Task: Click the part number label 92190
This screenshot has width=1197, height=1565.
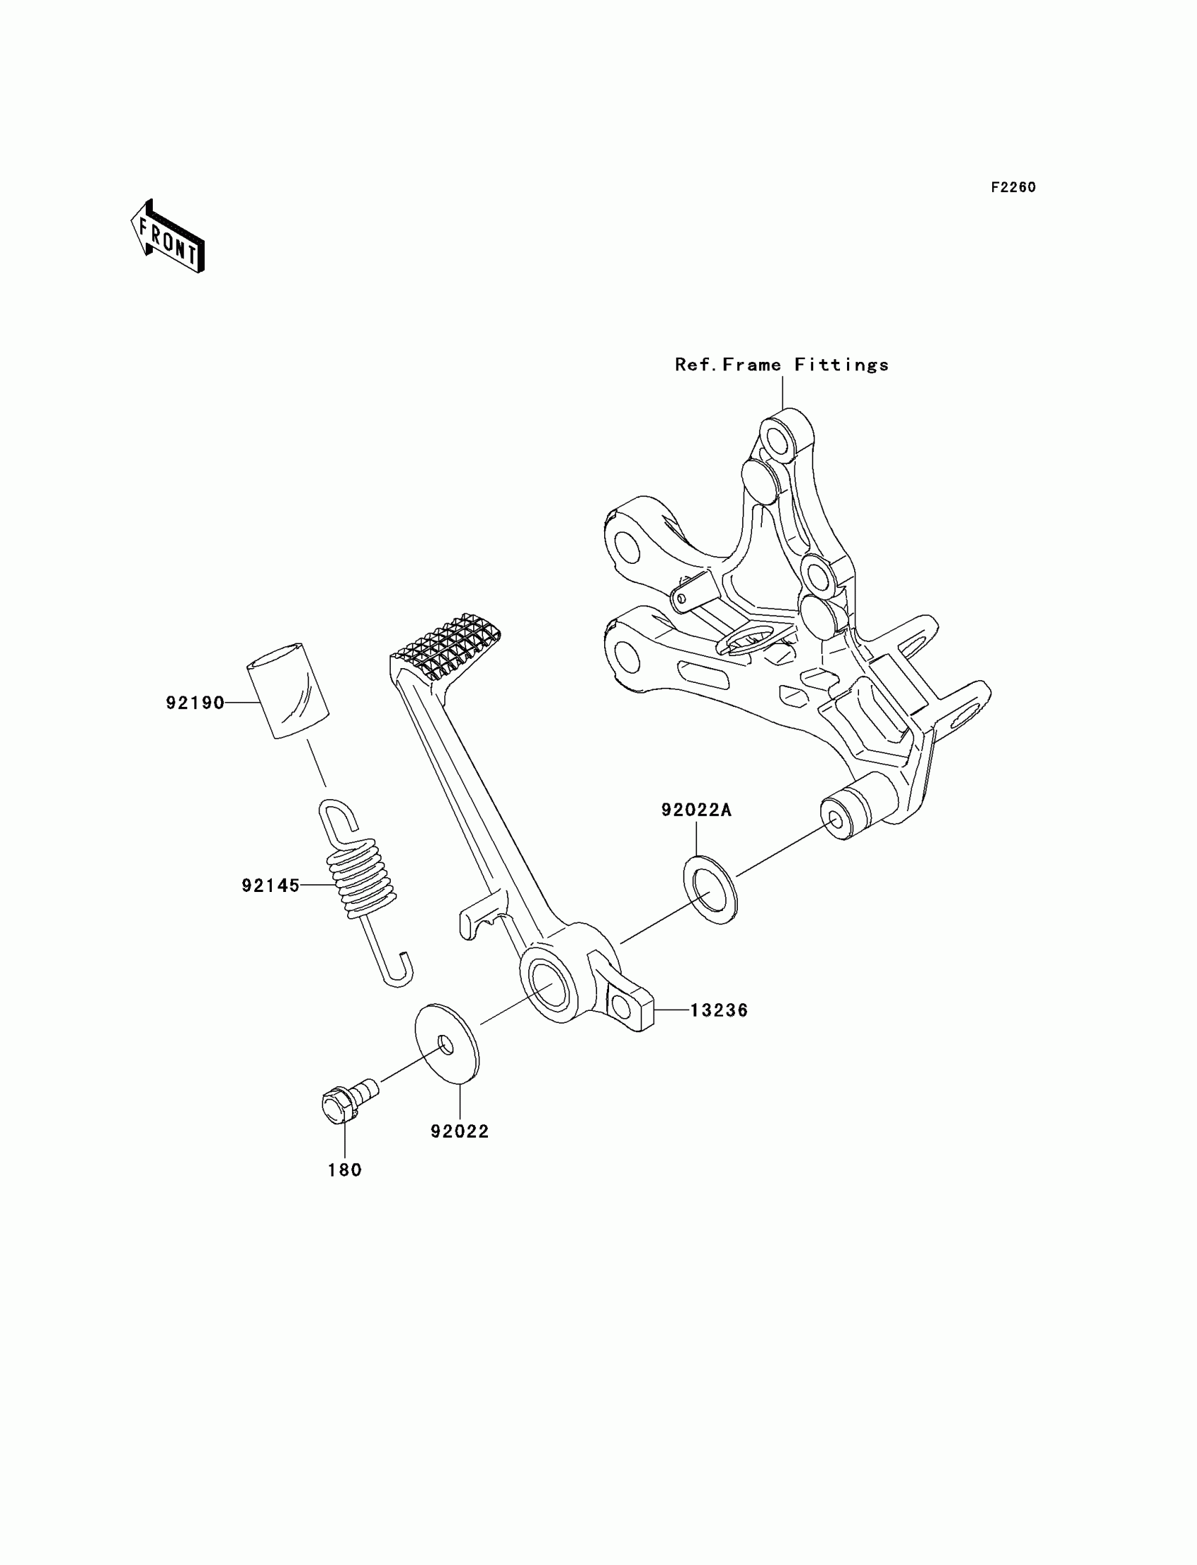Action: point(194,703)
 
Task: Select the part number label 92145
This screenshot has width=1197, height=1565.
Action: point(270,886)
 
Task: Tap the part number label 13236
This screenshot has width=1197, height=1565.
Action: point(719,1010)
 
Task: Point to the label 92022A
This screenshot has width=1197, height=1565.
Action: point(696,810)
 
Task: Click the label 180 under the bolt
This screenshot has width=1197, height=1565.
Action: point(345,1170)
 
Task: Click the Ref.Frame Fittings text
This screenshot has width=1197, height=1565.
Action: point(782,365)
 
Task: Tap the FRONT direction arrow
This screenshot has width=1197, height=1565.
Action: point(168,237)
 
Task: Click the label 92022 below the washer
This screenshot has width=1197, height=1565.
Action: point(460,1132)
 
